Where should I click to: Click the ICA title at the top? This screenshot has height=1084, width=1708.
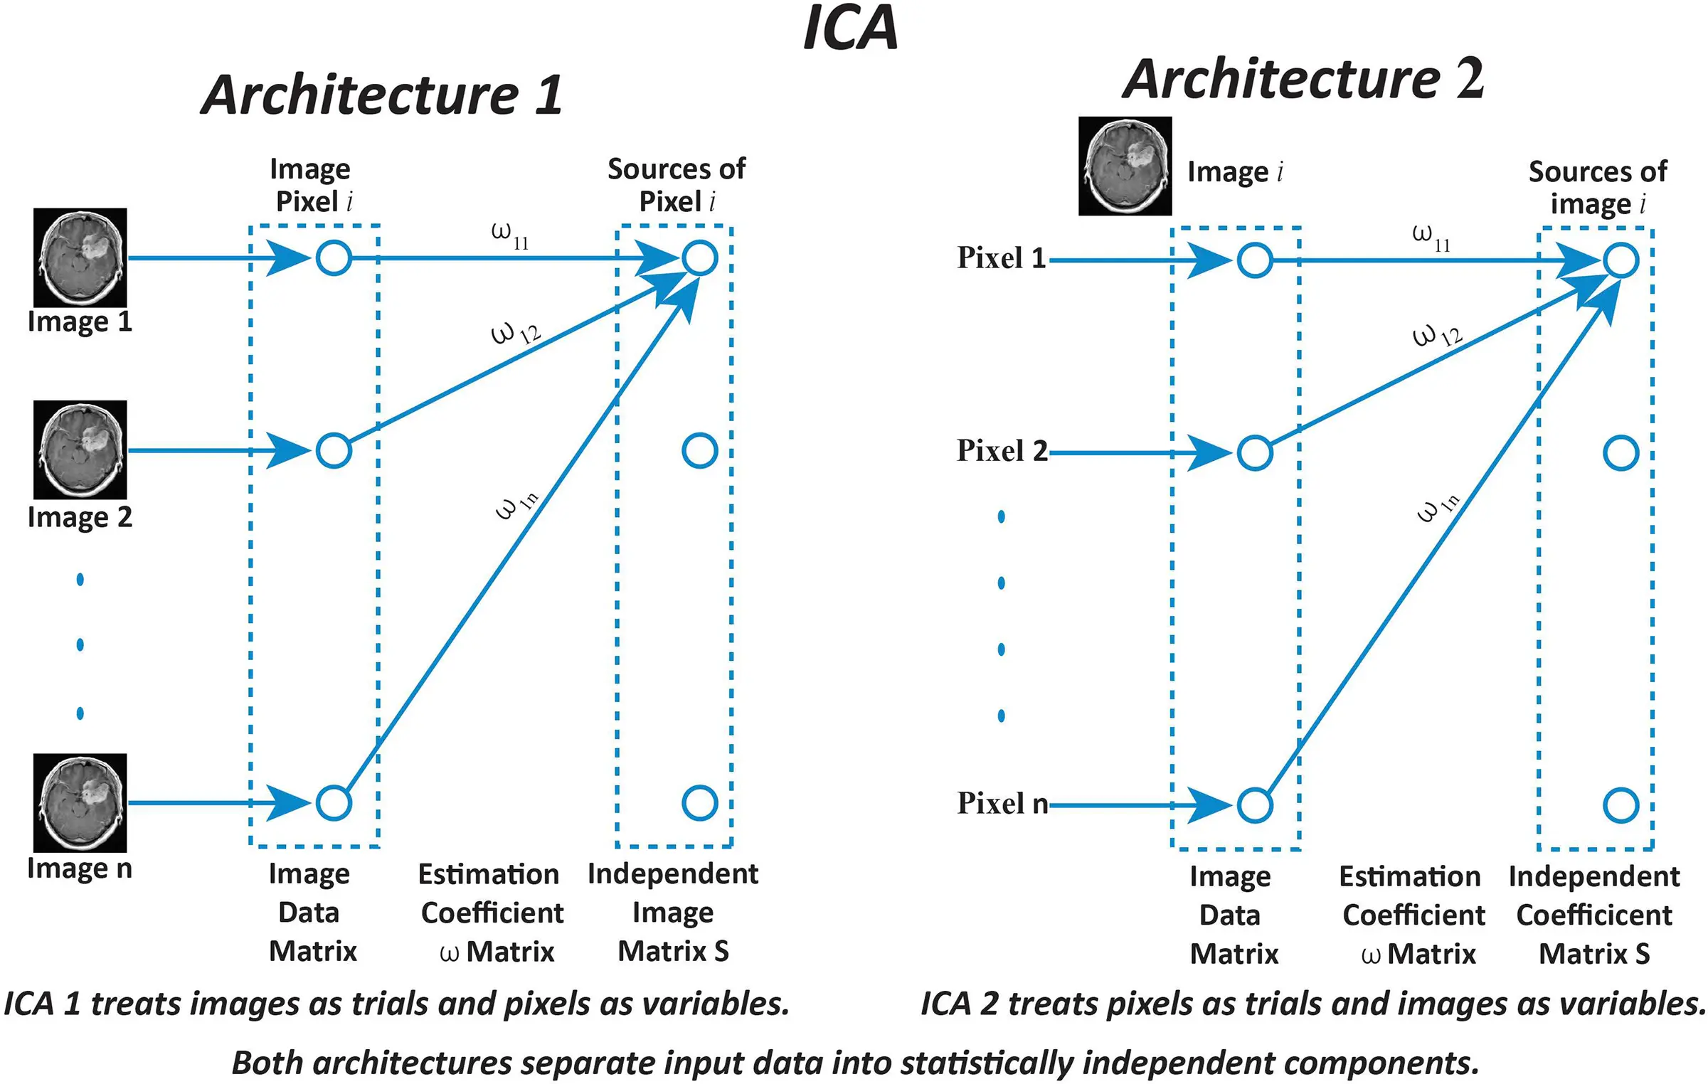850,28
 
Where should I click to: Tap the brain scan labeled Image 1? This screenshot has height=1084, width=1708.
80,257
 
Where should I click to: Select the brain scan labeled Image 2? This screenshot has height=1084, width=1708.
80,450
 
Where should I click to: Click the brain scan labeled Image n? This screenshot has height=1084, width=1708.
80,802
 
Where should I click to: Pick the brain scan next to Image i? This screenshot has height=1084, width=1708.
1125,166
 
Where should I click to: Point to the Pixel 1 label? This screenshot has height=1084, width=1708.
1001,257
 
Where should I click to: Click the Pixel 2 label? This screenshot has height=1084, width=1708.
1001,450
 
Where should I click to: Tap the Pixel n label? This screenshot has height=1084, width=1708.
1001,803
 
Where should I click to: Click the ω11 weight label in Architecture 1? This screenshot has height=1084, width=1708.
510,235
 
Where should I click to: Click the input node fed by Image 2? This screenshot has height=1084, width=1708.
334,450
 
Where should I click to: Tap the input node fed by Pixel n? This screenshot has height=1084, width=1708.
1255,805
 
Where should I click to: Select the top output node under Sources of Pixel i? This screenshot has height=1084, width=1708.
699,257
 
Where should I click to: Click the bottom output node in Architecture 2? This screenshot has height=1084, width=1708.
1621,805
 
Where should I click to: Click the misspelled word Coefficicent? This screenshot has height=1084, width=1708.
1594,915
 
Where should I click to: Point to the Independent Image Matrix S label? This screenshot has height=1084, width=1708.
672,912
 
